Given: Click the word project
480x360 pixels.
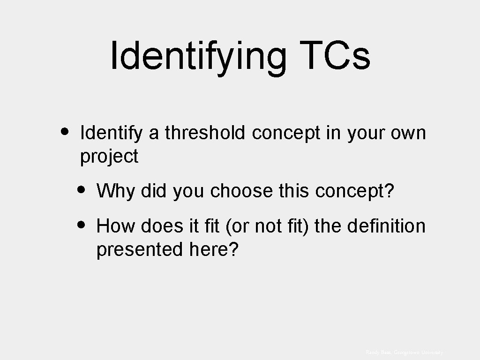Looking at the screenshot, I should (109, 157).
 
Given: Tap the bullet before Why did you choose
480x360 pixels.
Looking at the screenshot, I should (81, 190).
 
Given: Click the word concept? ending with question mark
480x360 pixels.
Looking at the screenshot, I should (355, 191).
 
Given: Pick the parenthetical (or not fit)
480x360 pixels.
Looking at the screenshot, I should (268, 227).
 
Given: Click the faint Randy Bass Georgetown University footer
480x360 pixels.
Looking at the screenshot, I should (404, 352).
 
